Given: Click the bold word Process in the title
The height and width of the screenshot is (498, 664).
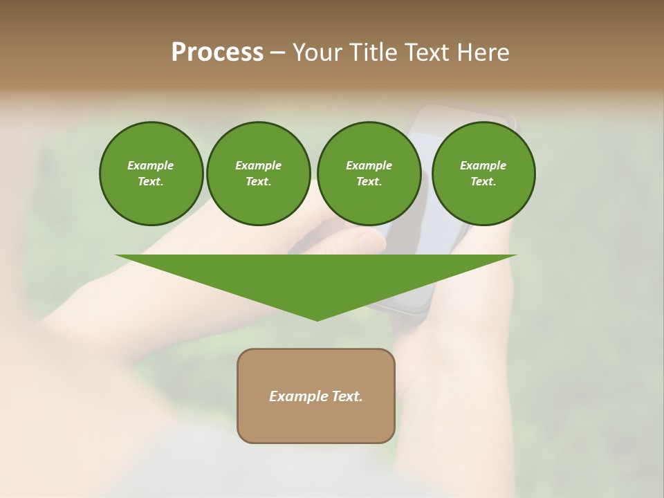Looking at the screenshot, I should (x=217, y=53).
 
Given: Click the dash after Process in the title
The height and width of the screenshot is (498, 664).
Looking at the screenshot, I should (x=277, y=53).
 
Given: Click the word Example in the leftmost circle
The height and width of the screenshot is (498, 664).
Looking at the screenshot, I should (x=151, y=165).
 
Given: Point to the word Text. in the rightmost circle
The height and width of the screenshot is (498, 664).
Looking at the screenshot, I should (x=483, y=182).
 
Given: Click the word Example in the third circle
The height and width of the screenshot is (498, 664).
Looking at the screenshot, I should (x=369, y=165).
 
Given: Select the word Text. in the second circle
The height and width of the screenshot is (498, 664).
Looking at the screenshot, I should (x=258, y=182).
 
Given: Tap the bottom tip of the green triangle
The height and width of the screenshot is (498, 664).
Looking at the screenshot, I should (x=317, y=318).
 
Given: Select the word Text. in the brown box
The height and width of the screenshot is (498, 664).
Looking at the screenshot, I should (x=347, y=396).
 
